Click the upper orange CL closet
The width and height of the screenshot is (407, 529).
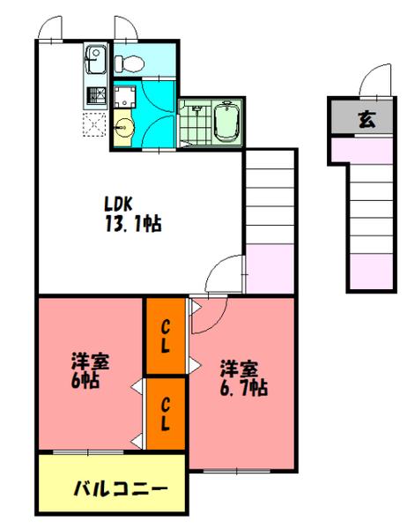click(x=165, y=336)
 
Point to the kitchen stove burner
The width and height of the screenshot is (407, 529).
click(x=95, y=93)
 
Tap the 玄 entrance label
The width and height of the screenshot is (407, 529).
click(x=364, y=118)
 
